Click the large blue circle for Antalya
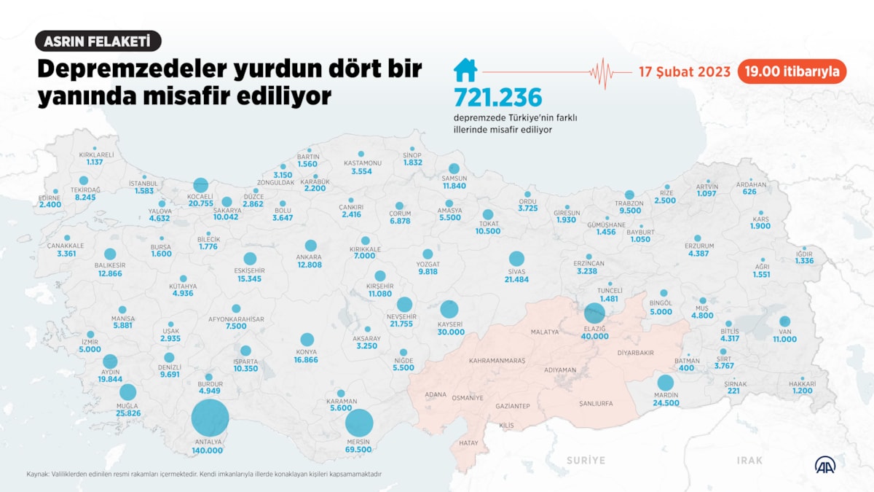click(210, 420)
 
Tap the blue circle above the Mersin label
click(359, 423)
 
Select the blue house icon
click(465, 70)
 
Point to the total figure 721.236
click(498, 98)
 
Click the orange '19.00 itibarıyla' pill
click(791, 71)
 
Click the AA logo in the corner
click(824, 464)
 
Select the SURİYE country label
click(586, 460)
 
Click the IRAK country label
click(749, 460)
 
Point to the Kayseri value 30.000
click(451, 332)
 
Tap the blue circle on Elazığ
click(594, 313)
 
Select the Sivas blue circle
click(516, 259)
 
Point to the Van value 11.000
click(785, 340)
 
